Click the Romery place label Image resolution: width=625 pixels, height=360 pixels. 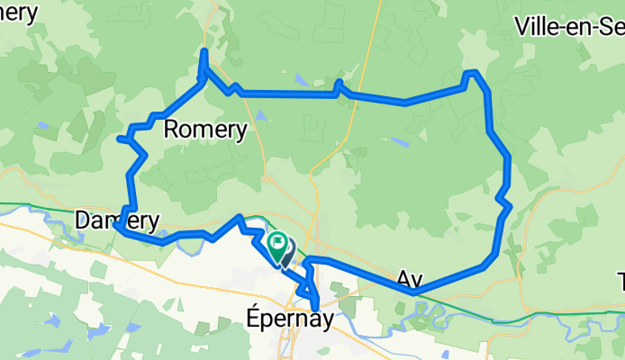(x=206, y=130)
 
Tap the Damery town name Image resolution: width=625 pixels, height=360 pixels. (x=118, y=220)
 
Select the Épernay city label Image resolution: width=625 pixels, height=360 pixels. (x=285, y=319)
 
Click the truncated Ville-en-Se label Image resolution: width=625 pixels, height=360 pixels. (x=569, y=26)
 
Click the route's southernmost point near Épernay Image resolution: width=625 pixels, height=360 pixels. (x=315, y=310)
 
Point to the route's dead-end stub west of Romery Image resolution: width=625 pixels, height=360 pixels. (x=121, y=138)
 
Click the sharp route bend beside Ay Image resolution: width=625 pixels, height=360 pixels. (x=412, y=292)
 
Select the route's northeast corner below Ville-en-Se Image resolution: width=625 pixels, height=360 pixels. (x=472, y=73)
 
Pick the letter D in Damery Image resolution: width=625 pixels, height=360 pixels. (x=84, y=220)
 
